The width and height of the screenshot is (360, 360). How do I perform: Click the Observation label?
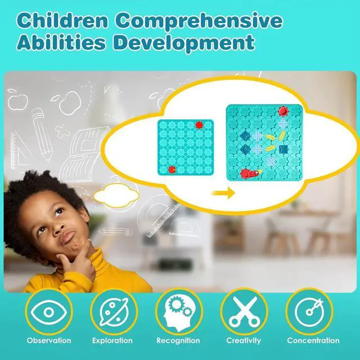click(50, 340)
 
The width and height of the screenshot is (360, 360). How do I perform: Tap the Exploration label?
click(112, 340)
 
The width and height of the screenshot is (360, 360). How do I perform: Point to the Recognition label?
click(178, 340)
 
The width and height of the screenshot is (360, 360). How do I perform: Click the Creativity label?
click(244, 340)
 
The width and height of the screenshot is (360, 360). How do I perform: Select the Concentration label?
click(313, 340)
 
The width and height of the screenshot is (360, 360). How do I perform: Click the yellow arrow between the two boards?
click(224, 193)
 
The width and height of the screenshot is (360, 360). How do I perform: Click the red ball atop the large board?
click(283, 111)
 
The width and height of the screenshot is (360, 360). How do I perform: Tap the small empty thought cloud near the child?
click(116, 195)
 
